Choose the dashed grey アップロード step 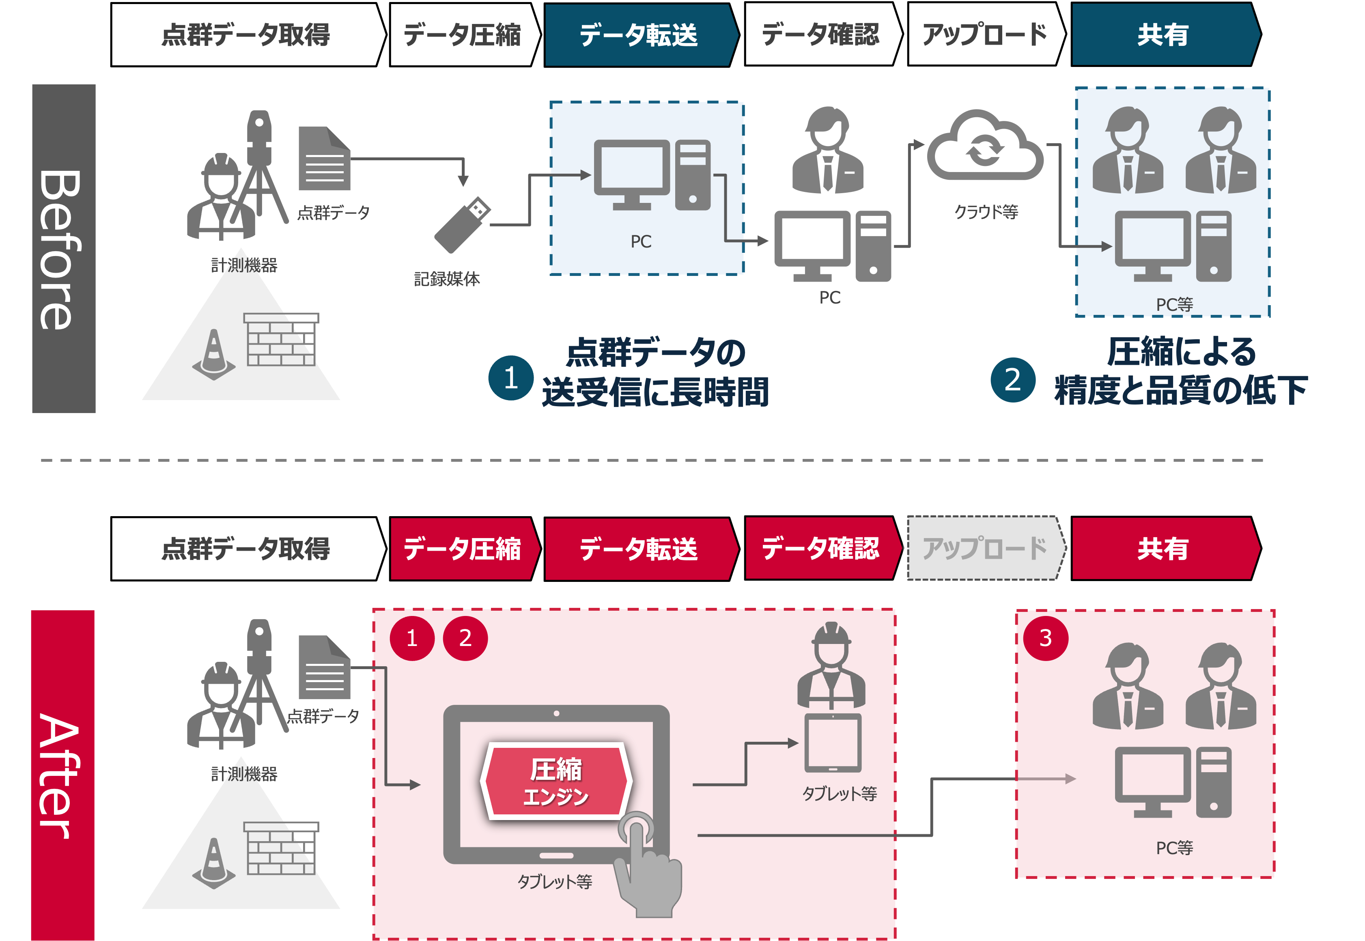(985, 548)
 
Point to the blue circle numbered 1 (510, 378)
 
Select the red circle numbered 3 (1045, 638)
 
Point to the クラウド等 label (986, 212)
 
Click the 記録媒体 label (447, 279)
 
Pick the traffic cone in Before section (213, 354)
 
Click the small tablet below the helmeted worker (833, 743)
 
